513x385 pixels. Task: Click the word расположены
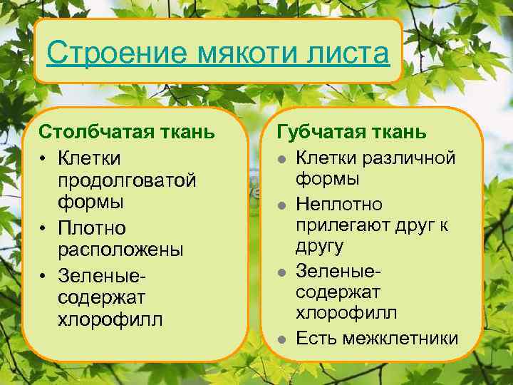click(x=120, y=250)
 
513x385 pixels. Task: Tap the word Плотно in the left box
click(x=92, y=228)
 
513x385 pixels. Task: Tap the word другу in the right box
click(x=319, y=247)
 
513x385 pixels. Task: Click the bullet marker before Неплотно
click(x=282, y=205)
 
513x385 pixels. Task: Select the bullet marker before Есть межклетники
click(x=282, y=339)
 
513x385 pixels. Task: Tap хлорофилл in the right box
click(x=347, y=313)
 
